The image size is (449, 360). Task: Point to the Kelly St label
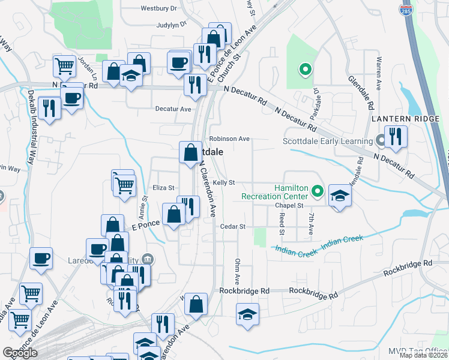pyautogui.click(x=223, y=182)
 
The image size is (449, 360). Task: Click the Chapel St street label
pyautogui.click(x=288, y=205)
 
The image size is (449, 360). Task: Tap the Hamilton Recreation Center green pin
pyautogui.click(x=318, y=192)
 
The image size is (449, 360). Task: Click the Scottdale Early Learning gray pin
pyautogui.click(x=380, y=142)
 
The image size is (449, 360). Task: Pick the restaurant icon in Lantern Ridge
pyautogui.click(x=396, y=136)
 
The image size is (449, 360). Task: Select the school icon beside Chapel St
pyautogui.click(x=340, y=196)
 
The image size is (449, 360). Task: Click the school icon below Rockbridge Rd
pyautogui.click(x=247, y=315)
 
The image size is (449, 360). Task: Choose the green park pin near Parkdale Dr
pyautogui.click(x=305, y=70)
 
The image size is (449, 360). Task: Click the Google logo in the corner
pyautogui.click(x=20, y=353)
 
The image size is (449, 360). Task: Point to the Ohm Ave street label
pyautogui.click(x=237, y=272)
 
